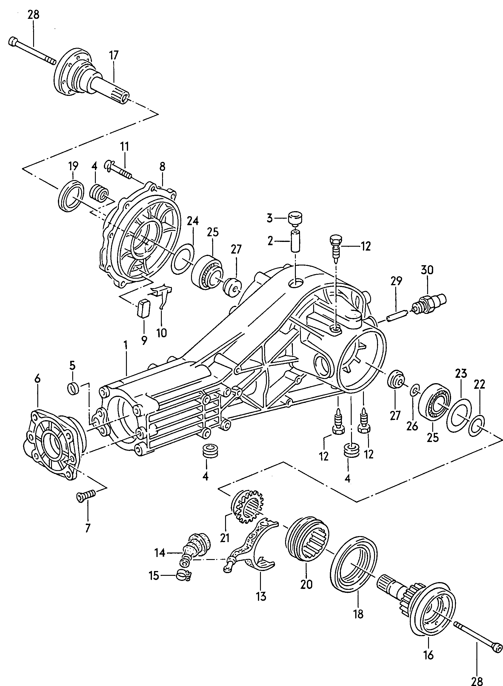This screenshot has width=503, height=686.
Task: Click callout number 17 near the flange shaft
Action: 113,56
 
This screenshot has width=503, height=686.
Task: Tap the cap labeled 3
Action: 294,218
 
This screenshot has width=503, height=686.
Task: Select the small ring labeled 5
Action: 73,389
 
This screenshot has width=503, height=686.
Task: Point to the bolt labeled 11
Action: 119,170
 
